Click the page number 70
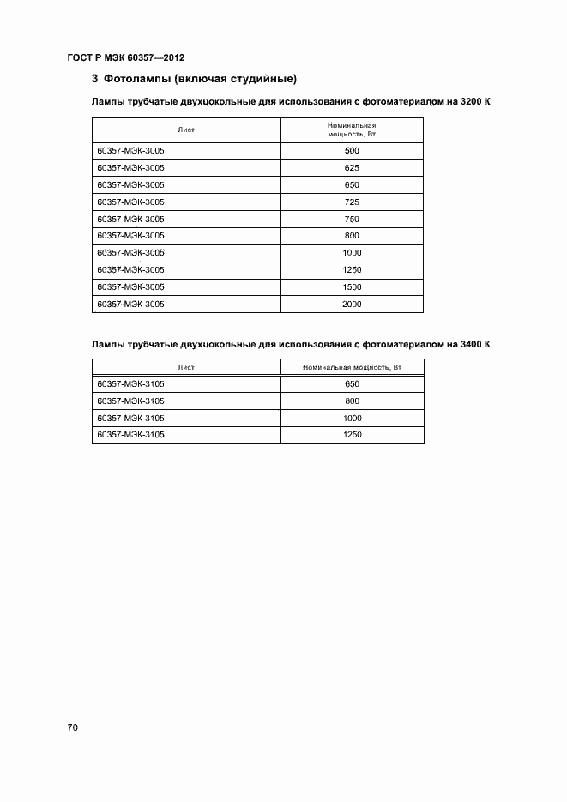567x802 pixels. (72, 727)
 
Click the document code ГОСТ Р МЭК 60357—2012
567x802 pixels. (125, 57)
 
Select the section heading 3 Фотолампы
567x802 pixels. (194, 80)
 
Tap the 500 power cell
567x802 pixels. (352, 151)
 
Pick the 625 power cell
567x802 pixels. (352, 168)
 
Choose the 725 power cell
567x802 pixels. (352, 202)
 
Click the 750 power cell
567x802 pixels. (352, 219)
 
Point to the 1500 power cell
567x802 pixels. (352, 286)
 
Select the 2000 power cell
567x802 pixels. (352, 304)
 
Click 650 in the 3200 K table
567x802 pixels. (352, 185)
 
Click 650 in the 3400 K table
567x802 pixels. (352, 384)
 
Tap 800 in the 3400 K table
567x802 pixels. (352, 401)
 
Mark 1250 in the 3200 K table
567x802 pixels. (352, 270)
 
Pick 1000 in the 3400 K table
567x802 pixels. (352, 418)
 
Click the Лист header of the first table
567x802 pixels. (186, 130)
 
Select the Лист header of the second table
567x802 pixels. (186, 367)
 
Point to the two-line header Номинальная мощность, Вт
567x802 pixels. (352, 130)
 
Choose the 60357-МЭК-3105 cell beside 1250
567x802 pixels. (131, 435)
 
